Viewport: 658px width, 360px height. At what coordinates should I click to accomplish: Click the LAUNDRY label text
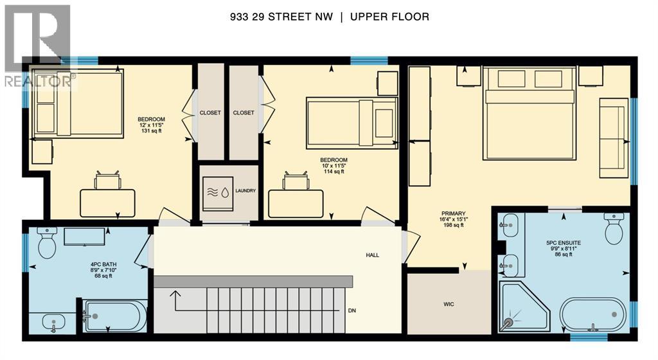coord(245,191)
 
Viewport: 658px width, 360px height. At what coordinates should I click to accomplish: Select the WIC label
coord(449,304)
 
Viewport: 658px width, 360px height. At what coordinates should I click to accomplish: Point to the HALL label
coord(372,255)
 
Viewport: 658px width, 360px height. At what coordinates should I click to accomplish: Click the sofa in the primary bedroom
coord(613,138)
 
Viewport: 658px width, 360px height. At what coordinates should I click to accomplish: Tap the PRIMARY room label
coord(453,213)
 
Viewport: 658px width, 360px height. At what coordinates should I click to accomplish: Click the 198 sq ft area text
coord(453,226)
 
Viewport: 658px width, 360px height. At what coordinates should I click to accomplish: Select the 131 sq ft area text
coord(152,131)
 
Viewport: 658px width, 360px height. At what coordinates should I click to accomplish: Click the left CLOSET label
coord(210,113)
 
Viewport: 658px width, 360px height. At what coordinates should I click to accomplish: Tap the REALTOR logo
coord(36,45)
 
